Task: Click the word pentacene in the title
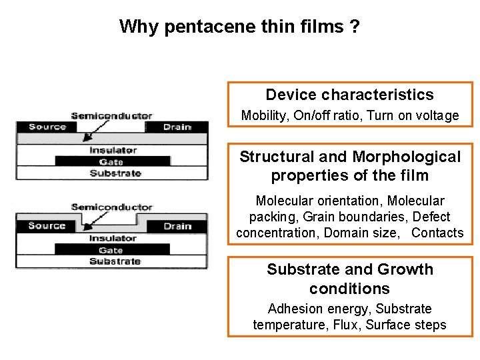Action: [x=207, y=27]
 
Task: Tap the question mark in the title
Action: [x=355, y=27]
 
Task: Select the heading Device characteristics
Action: [x=349, y=95]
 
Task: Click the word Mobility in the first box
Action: [x=263, y=116]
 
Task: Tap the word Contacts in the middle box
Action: [x=437, y=233]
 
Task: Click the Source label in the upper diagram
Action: [x=47, y=127]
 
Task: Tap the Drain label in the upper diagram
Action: [x=177, y=127]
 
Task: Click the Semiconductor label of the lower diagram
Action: [x=111, y=207]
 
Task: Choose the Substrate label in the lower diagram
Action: [x=115, y=261]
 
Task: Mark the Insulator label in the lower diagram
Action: [x=113, y=238]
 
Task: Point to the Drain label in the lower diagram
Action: [x=177, y=226]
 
